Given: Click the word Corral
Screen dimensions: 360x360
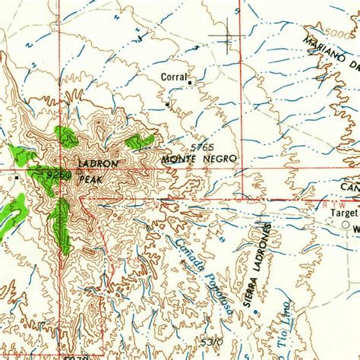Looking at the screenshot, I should (173, 77).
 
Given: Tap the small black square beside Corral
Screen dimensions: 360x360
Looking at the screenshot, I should (190, 81).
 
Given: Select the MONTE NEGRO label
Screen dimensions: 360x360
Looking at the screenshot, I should (199, 159).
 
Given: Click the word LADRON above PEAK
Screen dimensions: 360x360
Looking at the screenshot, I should (98, 163).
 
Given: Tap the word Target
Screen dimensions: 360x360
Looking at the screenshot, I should (343, 213).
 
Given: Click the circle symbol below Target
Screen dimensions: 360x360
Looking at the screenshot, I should (346, 226).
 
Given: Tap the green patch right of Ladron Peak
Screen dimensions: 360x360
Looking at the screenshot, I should (140, 141).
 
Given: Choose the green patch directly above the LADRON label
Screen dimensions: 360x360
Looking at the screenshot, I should (66, 137).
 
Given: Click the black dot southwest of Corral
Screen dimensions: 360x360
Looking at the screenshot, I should (168, 103).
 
